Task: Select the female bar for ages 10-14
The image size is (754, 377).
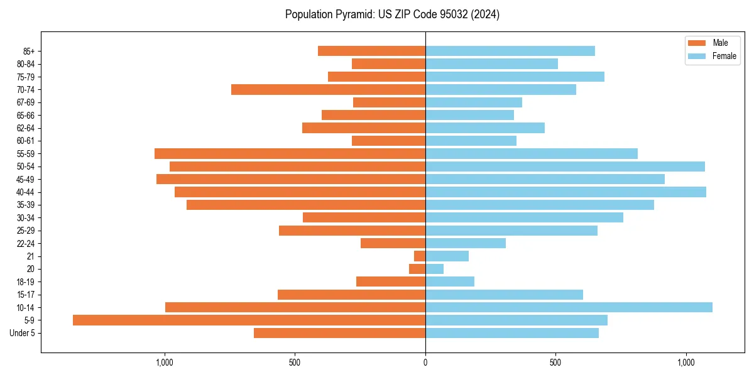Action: click(569, 307)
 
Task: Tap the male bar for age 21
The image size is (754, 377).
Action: click(420, 256)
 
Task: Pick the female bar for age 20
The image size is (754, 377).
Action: click(434, 269)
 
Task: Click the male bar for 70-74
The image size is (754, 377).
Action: click(328, 89)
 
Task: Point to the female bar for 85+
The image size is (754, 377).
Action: click(510, 51)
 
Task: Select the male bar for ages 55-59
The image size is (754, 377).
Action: click(290, 153)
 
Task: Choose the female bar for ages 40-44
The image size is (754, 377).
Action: click(565, 192)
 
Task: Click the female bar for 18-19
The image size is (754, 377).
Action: click(450, 281)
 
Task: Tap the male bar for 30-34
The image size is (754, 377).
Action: click(364, 217)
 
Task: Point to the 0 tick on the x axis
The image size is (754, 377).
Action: click(425, 363)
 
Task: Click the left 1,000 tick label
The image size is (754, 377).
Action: click(164, 363)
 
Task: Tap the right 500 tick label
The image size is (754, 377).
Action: click(555, 363)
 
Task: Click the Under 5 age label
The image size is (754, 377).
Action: click(22, 333)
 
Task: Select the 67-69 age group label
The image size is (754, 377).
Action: click(26, 102)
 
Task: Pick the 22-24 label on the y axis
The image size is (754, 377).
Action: click(26, 243)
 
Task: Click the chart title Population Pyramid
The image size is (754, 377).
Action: click(392, 14)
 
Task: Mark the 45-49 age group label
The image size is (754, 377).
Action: click(26, 179)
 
